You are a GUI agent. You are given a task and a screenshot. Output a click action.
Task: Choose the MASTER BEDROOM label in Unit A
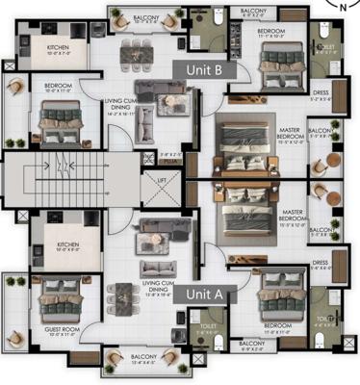pyautogui.click(x=294, y=217)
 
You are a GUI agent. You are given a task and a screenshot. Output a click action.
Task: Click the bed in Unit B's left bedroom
pyautogui.click(x=62, y=125)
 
